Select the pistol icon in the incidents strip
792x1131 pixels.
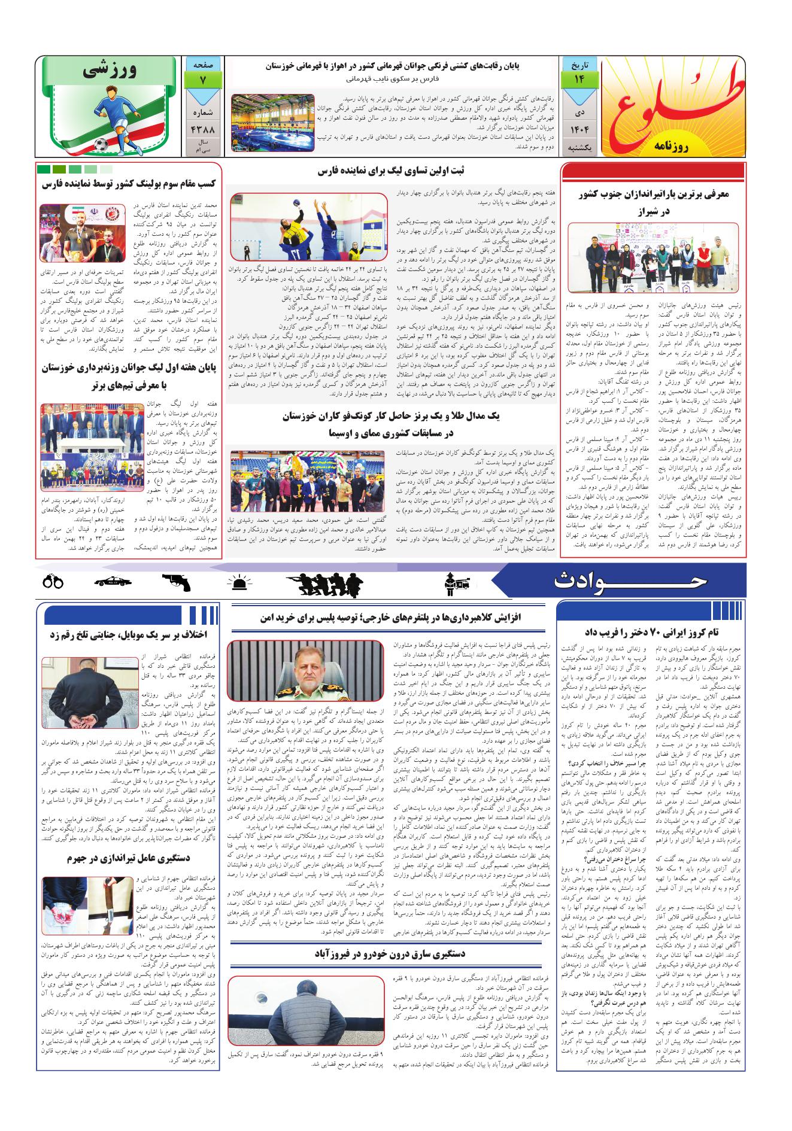(177, 582)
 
